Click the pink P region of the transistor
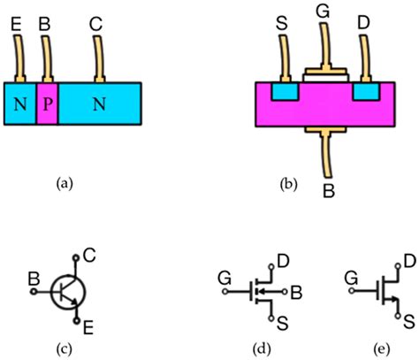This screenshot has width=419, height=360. (x=47, y=104)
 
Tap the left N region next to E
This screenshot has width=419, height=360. (x=19, y=104)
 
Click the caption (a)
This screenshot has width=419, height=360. (x=64, y=183)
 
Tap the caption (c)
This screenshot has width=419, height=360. (x=64, y=346)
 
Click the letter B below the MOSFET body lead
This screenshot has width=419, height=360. (x=328, y=188)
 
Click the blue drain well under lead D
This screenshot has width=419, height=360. (x=365, y=91)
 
